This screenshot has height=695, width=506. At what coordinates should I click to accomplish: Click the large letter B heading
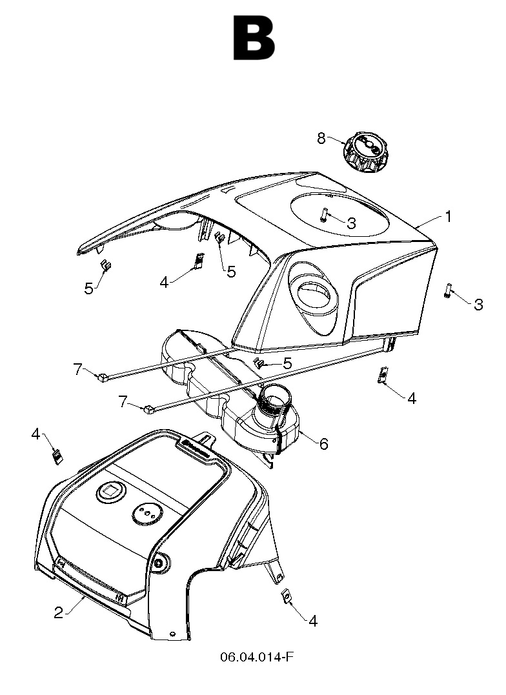254,39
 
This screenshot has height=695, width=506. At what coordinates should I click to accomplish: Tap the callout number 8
321,137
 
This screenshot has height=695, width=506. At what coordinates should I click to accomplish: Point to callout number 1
448,217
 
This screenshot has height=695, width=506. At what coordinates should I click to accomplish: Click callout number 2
59,612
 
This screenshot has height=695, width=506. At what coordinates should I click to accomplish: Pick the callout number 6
323,443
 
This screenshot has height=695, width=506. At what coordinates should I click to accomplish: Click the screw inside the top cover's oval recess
324,214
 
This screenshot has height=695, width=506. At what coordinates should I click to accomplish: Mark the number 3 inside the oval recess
351,224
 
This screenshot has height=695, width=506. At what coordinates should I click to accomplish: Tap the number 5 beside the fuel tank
287,364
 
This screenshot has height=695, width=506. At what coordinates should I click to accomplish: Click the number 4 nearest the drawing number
313,621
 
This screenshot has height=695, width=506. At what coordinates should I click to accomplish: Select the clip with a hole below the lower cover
286,598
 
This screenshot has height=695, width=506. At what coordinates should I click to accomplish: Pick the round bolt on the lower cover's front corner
158,563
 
